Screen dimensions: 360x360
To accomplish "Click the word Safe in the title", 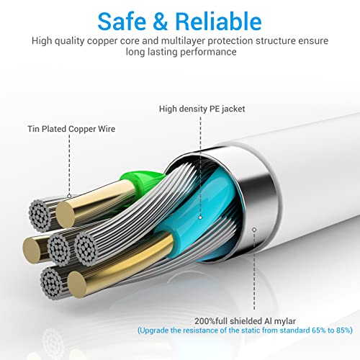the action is point(122,22).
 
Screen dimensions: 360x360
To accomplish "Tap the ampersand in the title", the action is point(161,22).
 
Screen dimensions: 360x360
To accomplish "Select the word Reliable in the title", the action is point(218,21).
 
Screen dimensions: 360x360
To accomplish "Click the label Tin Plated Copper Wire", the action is point(71,129).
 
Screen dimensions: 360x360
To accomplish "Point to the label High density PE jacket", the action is point(202,109).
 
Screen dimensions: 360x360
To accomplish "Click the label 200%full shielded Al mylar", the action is point(245,321).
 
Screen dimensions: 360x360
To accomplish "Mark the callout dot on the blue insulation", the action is point(200,217).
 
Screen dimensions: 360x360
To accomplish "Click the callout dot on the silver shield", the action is point(254,230).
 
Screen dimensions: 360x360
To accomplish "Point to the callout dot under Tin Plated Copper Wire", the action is point(69,196).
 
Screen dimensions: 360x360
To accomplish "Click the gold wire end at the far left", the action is point(32,249).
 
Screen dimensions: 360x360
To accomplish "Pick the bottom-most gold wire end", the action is point(78,285).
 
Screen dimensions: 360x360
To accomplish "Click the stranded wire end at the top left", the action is point(40,215).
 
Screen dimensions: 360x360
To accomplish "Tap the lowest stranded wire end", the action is point(52,283).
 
